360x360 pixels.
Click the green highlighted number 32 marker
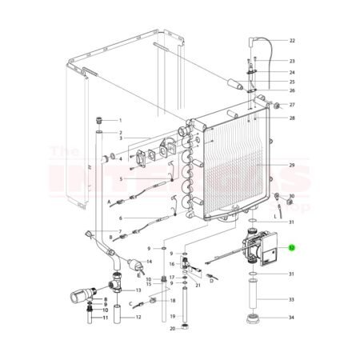(292, 248)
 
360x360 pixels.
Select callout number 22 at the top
(292, 40)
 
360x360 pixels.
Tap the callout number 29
(292, 166)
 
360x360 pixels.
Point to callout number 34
(292, 318)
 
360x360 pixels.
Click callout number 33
(292, 300)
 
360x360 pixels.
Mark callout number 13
(138, 290)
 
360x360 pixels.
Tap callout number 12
(138, 318)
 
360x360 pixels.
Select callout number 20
(171, 329)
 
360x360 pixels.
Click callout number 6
(120, 218)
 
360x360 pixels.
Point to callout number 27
(292, 105)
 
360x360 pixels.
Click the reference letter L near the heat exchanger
(275, 214)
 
